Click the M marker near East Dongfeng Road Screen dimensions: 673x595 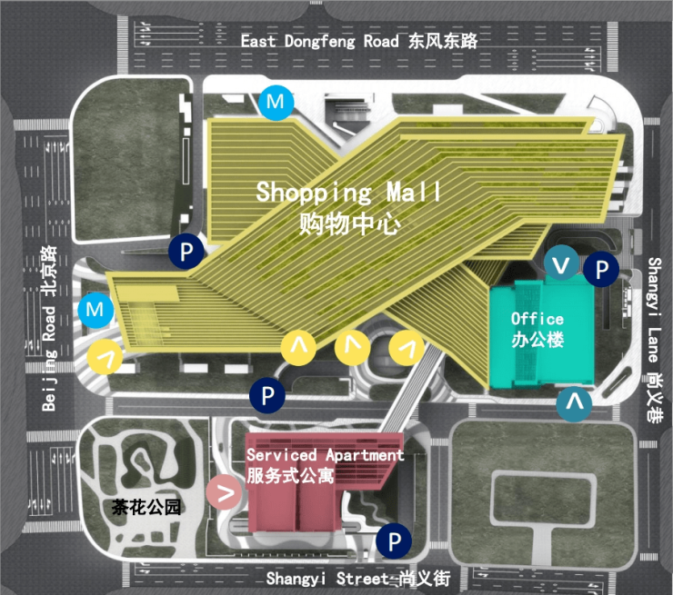(276, 102)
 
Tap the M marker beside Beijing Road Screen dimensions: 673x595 (95, 310)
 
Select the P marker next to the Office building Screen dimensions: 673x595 (601, 269)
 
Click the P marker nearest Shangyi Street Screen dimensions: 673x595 (394, 541)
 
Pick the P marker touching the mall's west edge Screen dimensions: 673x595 (186, 252)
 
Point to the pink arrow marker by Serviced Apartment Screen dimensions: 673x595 (224, 492)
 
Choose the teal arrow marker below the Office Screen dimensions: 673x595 (574, 403)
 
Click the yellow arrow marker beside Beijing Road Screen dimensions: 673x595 (105, 356)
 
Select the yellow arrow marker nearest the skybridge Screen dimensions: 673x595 (407, 348)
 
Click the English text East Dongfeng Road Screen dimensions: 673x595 (320, 41)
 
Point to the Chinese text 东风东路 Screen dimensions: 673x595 (443, 41)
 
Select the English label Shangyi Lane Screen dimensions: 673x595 (655, 311)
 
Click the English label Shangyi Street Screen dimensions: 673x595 (327, 579)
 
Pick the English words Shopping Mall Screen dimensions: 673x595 (348, 192)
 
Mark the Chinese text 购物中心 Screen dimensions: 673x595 (350, 223)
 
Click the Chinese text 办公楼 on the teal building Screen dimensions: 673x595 (537, 340)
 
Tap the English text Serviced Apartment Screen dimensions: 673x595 (326, 455)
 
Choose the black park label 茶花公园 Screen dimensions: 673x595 (146, 507)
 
